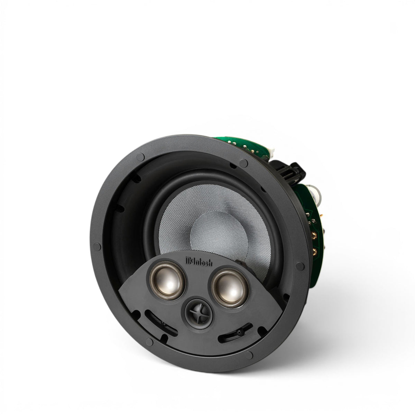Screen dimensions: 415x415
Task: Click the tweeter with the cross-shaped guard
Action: (x=199, y=316)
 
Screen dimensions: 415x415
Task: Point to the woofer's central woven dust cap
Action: (x=219, y=234)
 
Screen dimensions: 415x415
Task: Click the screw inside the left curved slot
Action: (x=163, y=329)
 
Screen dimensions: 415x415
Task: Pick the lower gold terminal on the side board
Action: (x=314, y=251)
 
